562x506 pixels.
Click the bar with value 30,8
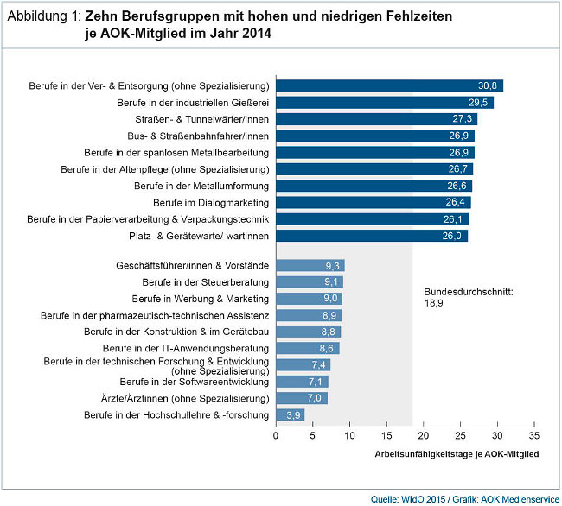[389, 85]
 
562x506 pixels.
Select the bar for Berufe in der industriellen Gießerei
[385, 102]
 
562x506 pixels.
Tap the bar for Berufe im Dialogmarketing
[374, 202]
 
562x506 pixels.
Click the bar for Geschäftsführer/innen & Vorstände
[310, 265]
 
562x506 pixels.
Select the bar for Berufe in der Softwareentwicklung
[303, 382]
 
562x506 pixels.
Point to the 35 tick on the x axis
[534, 437]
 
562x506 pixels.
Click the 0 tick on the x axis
[276, 437]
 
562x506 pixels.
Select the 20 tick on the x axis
[424, 437]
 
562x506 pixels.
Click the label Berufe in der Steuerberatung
[206, 282]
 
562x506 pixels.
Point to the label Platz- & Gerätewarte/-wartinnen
[201, 236]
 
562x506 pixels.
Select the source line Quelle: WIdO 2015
[407, 498]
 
